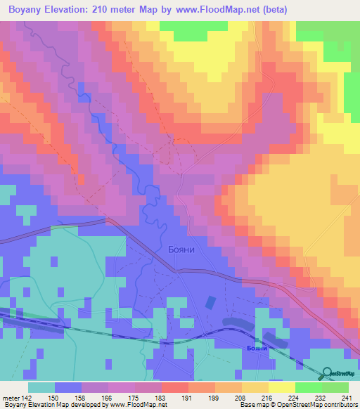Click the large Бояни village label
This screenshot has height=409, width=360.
coord(186,249)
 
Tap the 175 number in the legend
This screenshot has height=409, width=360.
coord(122,398)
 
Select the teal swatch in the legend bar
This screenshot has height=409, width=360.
coord(41,387)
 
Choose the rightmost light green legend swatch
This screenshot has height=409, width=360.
coord(335,387)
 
